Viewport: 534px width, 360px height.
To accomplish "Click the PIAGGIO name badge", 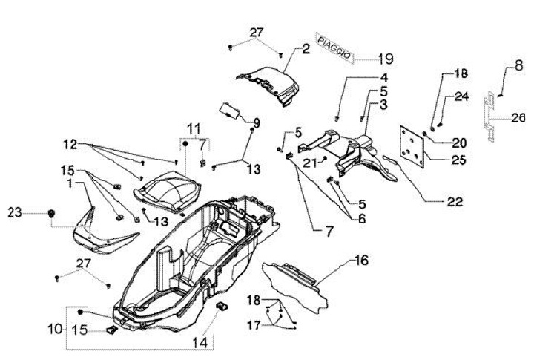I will (x=331, y=45).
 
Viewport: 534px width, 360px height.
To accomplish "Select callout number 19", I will (x=386, y=59).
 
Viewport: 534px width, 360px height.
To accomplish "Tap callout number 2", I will (x=306, y=50).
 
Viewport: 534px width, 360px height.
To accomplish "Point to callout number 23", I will (x=16, y=213).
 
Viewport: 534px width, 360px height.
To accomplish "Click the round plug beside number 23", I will (x=51, y=214).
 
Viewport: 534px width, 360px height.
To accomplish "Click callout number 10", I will (x=56, y=327).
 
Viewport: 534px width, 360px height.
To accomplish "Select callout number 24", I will (x=462, y=96).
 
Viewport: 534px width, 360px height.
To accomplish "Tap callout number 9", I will (x=257, y=122).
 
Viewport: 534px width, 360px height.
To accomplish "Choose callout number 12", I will (x=70, y=143).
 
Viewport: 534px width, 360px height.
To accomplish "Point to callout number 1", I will (x=69, y=182).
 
